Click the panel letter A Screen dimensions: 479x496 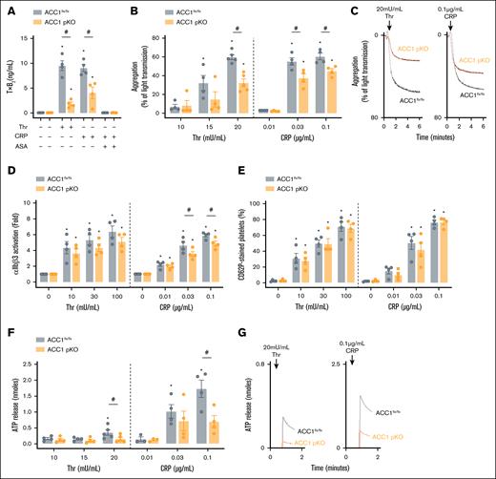pyautogui.click(x=8, y=8)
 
